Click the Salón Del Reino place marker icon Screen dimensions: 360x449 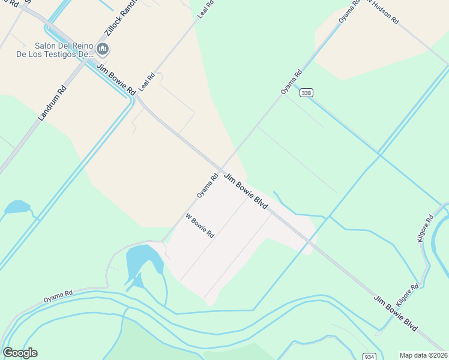pos(102,49)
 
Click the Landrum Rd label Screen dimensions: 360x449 pos(52,102)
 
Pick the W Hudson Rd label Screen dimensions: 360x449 pos(382,11)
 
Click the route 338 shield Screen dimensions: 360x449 pos(307,92)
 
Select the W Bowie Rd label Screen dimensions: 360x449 pos(200,226)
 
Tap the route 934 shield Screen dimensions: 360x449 pos(369,356)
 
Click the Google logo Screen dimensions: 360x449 pos(20,353)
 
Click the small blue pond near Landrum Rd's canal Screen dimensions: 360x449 pos(17,208)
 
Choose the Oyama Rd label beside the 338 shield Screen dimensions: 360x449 pos(292,83)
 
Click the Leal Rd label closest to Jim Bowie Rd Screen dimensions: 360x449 pos(147,82)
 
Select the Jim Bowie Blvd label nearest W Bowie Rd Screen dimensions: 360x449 pos(246,191)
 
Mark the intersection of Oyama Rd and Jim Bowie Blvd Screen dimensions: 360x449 pos(221,169)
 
